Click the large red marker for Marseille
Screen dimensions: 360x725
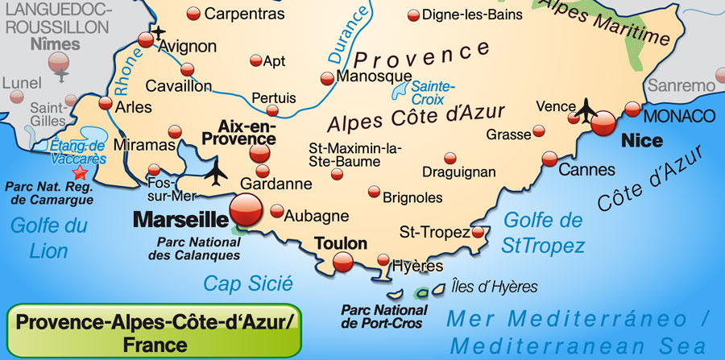[x=246, y=211]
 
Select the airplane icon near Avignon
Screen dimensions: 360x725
[x=159, y=32]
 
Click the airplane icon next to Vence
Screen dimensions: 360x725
[x=587, y=107]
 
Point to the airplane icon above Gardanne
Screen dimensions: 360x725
[x=216, y=172]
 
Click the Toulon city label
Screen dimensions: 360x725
[x=342, y=243]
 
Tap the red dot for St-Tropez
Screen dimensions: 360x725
[x=478, y=232]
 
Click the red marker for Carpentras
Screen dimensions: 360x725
[x=193, y=14]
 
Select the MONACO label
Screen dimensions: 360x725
[x=678, y=115]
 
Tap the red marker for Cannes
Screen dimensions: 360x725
[x=549, y=159]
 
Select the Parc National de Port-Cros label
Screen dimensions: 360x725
[x=385, y=317]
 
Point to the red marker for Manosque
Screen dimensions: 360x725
[x=327, y=78]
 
